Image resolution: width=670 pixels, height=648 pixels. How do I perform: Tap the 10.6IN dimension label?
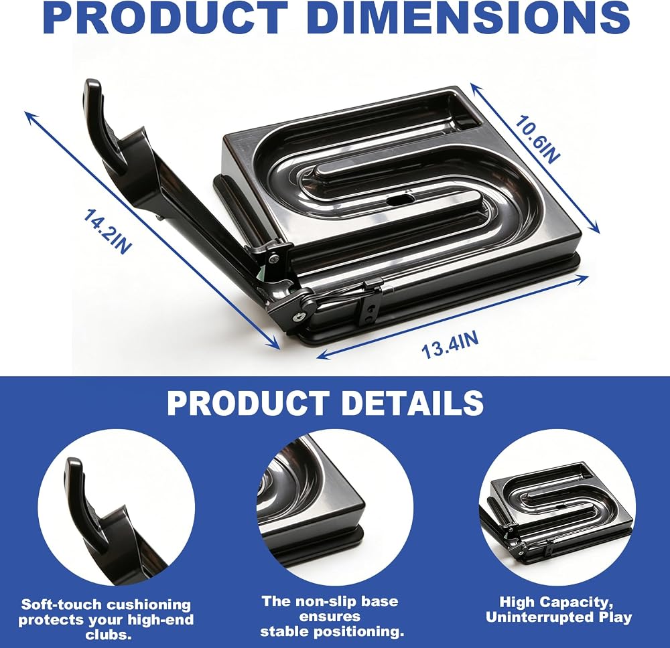537,139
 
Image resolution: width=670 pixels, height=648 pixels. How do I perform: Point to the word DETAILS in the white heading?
413,402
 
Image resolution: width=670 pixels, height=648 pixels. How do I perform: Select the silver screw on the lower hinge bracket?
297,317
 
